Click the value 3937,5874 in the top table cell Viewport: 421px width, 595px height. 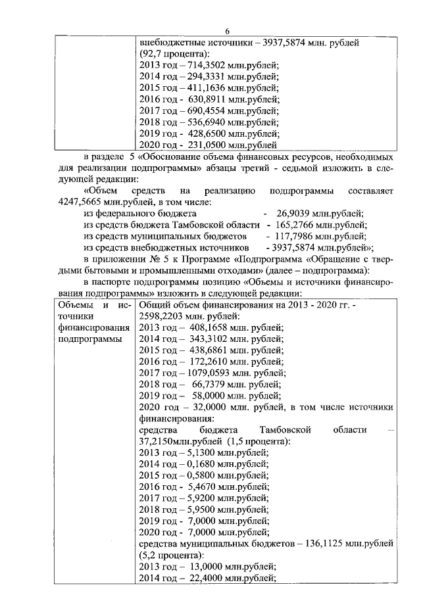tap(283, 41)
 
